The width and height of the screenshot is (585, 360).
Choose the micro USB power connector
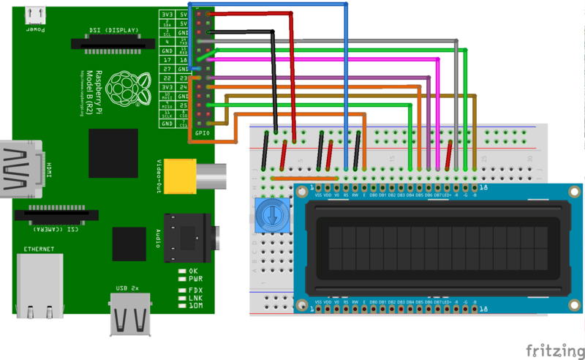36,15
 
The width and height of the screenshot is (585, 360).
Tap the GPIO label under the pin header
202,132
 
